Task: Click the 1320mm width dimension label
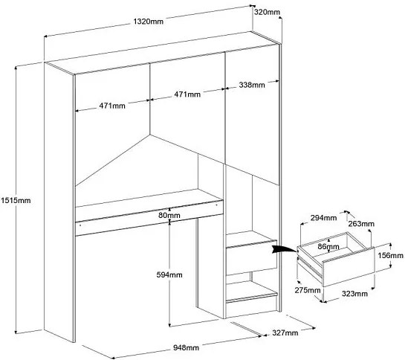[x=149, y=22]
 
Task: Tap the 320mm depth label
[x=267, y=12]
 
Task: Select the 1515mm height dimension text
[x=16, y=200]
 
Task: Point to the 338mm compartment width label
[x=252, y=85]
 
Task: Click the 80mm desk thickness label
[x=169, y=215]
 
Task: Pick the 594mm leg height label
[x=169, y=274]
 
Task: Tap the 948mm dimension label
[x=186, y=347]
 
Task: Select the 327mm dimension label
[x=285, y=332]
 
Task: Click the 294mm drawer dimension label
[x=323, y=218]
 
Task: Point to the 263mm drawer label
[x=361, y=224]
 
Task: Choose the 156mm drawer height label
[x=391, y=256]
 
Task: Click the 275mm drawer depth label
[x=308, y=290]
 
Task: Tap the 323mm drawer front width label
[x=354, y=294]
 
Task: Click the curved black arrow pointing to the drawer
[x=284, y=248]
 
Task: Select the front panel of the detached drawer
[x=349, y=267]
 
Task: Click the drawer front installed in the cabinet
[x=251, y=258]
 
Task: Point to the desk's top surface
[x=149, y=198]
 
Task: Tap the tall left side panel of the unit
[x=59, y=202]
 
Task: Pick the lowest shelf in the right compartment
[x=250, y=292]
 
